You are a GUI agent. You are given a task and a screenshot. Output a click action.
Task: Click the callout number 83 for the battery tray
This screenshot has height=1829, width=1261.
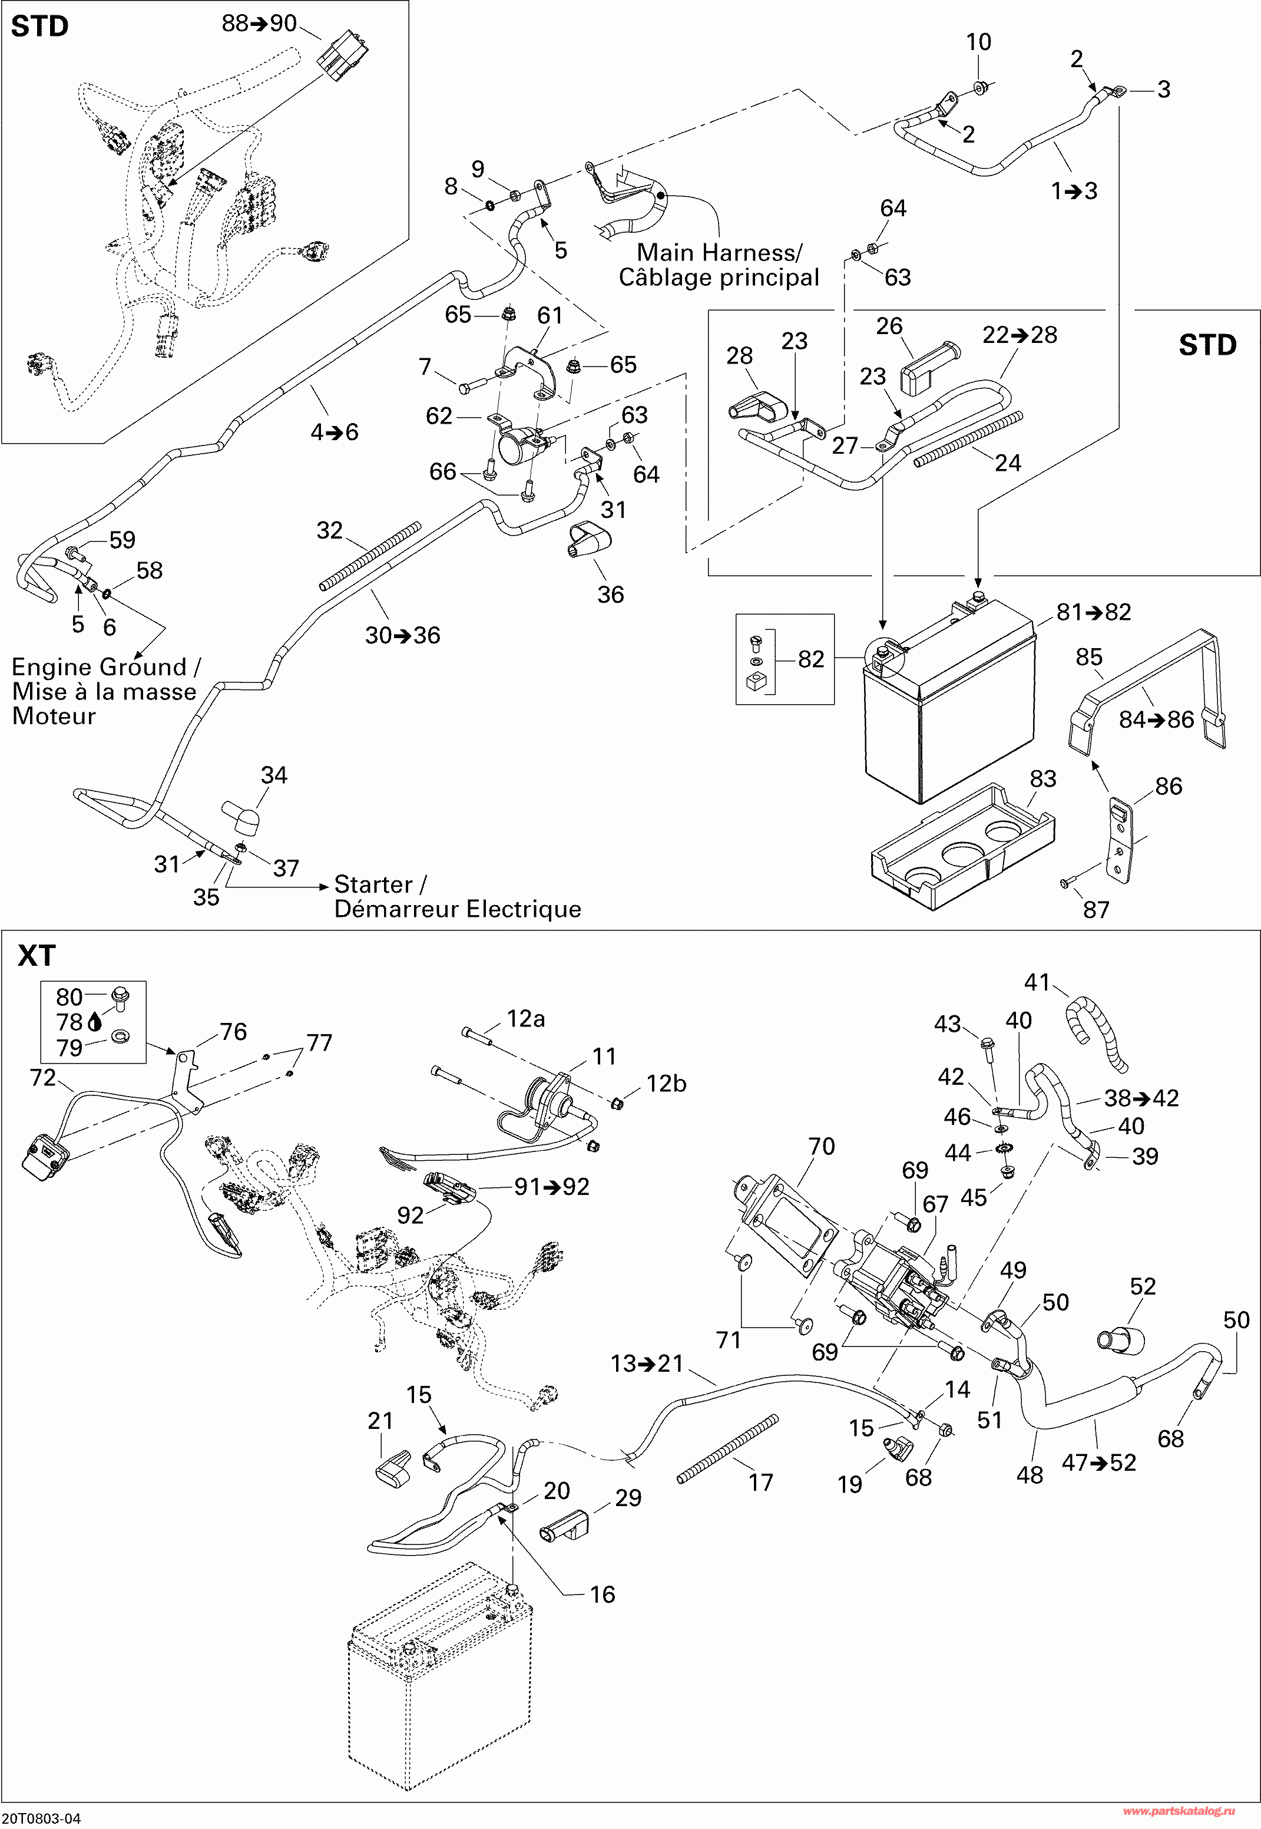click(1042, 778)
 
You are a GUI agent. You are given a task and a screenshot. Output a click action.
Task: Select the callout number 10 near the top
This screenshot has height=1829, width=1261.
click(978, 42)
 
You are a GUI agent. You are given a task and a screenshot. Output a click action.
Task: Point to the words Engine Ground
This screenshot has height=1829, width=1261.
click(99, 667)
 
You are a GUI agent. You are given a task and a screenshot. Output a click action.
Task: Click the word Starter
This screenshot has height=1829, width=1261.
click(373, 884)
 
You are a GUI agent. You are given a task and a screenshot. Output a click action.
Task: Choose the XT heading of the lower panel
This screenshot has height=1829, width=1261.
click(37, 956)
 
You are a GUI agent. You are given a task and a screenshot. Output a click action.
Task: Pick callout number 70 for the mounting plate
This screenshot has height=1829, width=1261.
click(821, 1146)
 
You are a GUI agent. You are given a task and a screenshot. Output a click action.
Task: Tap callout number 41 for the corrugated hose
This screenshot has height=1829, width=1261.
click(1037, 982)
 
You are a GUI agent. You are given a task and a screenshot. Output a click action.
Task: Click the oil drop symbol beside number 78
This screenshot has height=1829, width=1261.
click(95, 1023)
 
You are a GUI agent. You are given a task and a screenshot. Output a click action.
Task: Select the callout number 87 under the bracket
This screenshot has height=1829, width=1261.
click(1096, 910)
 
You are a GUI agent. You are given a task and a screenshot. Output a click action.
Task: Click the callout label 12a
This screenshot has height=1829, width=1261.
click(525, 1019)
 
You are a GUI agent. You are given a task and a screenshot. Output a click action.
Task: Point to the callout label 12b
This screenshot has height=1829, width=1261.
click(666, 1084)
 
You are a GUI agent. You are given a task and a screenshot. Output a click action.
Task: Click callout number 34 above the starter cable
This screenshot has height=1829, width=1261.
click(274, 775)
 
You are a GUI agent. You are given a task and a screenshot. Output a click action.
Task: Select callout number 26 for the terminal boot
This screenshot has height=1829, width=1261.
click(889, 326)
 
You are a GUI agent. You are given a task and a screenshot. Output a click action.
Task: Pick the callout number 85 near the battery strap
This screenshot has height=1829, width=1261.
click(1089, 657)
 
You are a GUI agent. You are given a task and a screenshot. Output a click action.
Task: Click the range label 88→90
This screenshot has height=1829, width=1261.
click(259, 24)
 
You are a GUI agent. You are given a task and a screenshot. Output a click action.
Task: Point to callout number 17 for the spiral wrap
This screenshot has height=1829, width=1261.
click(760, 1483)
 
